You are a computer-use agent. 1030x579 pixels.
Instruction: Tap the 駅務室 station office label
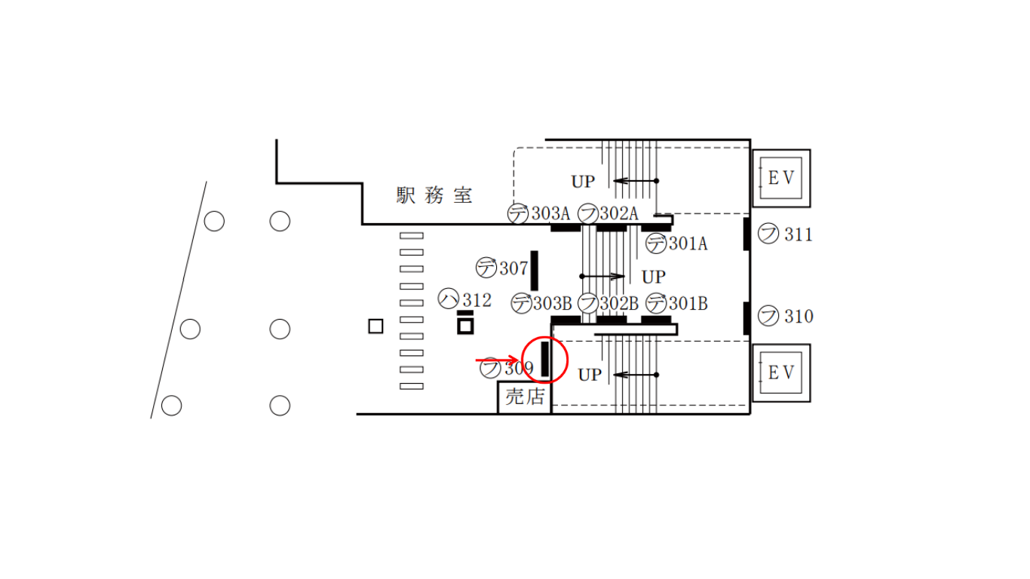(x=434, y=195)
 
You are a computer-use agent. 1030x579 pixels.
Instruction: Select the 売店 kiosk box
(x=525, y=397)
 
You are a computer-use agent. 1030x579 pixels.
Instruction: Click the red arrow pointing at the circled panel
(x=497, y=360)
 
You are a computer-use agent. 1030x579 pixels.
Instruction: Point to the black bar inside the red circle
(x=545, y=359)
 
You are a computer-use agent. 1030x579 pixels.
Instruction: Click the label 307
(x=513, y=268)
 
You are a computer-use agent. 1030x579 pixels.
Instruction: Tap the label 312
(x=477, y=301)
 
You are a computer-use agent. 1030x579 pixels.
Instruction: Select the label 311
(x=799, y=235)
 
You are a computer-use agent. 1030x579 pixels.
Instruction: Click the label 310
(x=799, y=317)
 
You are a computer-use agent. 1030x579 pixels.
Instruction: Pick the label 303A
(x=551, y=213)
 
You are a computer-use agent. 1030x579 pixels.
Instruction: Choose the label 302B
(x=619, y=304)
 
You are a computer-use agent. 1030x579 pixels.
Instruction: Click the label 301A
(x=688, y=244)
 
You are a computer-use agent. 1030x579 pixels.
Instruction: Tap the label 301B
(x=688, y=304)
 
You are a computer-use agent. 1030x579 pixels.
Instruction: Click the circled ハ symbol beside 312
(x=449, y=299)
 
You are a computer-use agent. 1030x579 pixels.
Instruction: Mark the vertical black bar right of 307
(x=535, y=271)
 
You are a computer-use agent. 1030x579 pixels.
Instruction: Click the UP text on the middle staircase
(x=654, y=277)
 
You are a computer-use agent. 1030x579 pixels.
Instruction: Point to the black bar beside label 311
(x=746, y=234)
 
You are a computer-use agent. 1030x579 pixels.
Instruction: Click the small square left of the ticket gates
(x=376, y=326)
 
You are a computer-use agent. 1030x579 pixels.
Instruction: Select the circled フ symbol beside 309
(x=490, y=368)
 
